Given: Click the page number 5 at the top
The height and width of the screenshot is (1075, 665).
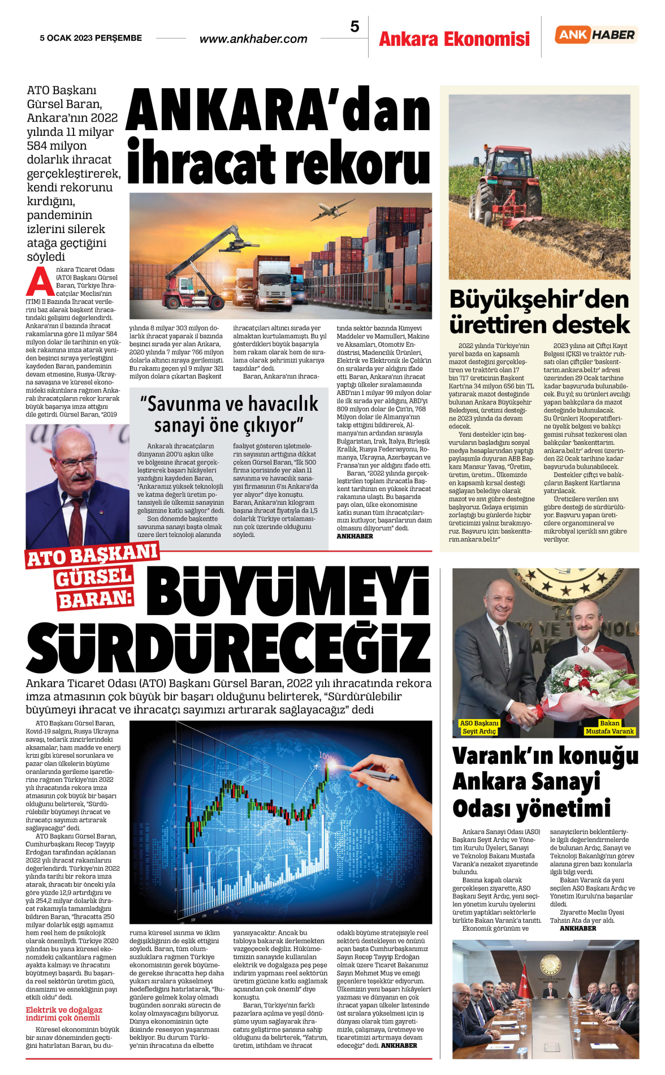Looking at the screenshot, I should click(x=355, y=27).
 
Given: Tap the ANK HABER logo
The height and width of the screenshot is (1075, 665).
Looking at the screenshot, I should click(x=596, y=35).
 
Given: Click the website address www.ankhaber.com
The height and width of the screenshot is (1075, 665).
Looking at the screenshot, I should click(x=253, y=39).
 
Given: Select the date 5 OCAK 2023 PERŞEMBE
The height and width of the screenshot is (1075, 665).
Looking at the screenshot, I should click(x=90, y=38).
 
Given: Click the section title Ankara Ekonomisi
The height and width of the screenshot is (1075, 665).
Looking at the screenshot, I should click(x=454, y=39).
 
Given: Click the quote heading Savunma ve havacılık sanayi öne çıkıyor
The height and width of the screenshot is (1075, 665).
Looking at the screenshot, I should click(x=229, y=414).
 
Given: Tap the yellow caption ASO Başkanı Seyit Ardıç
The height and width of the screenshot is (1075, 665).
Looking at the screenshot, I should click(x=479, y=727).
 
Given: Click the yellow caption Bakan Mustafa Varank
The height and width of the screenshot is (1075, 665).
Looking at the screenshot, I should click(x=610, y=727).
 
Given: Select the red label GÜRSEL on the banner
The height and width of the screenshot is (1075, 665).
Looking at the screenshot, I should click(x=94, y=578).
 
